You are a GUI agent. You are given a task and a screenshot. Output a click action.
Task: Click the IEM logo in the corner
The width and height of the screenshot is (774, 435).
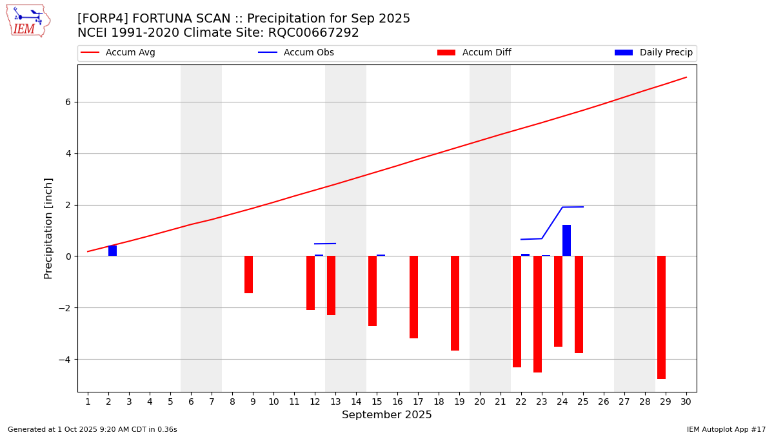(28, 21)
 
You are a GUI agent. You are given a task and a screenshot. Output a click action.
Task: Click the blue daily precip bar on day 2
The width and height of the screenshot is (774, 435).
(112, 251)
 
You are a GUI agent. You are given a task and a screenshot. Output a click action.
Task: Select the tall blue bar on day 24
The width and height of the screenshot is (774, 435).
(566, 240)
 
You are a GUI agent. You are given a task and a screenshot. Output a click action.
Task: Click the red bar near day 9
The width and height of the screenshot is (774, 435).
(248, 275)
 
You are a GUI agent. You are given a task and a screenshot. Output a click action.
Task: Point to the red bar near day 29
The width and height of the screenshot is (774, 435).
(661, 317)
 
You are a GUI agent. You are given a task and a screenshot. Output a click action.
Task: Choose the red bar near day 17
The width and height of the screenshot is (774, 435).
(413, 297)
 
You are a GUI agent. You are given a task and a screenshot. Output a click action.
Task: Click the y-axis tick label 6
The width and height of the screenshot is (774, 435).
(68, 102)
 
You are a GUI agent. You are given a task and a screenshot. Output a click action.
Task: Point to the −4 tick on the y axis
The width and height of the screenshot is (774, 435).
(65, 359)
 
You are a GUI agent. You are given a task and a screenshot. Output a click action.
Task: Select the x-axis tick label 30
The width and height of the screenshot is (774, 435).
(686, 402)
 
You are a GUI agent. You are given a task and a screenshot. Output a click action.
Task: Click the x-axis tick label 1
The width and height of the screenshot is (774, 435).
(88, 402)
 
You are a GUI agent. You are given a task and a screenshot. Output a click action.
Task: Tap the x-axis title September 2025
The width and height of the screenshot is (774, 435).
(387, 415)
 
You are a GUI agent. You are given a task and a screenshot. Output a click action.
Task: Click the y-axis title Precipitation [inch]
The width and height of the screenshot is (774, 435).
(48, 228)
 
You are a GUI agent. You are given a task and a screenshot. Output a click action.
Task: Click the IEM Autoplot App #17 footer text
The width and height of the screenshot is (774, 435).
(726, 429)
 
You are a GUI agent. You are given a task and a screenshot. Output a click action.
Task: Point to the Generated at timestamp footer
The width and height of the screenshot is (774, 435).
(92, 429)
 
